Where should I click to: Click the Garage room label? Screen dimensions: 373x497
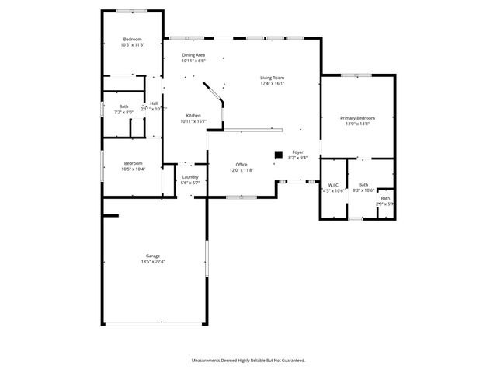pyautogui.click(x=152, y=256)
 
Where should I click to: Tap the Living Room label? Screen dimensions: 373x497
pyautogui.click(x=272, y=78)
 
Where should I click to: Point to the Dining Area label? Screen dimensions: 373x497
pyautogui.click(x=193, y=55)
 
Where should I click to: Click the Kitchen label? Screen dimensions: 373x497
pyautogui.click(x=193, y=116)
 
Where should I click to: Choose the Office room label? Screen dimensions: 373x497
pyautogui.click(x=242, y=164)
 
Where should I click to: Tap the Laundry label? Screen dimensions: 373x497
pyautogui.click(x=190, y=177)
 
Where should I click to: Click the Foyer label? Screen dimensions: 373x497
pyautogui.click(x=297, y=152)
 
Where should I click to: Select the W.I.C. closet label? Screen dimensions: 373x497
pyautogui.click(x=333, y=184)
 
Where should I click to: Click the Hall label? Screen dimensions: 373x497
pyautogui.click(x=154, y=103)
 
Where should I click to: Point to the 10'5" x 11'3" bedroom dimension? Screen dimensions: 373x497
pyautogui.click(x=134, y=45)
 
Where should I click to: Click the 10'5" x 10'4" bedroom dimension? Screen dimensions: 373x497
pyautogui.click(x=133, y=169)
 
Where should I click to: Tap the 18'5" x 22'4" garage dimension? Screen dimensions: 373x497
pyautogui.click(x=152, y=262)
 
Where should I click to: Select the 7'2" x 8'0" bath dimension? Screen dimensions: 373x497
pyautogui.click(x=123, y=112)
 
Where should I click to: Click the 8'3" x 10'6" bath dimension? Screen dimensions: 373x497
pyautogui.click(x=363, y=190)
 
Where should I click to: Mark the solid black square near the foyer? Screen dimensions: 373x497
pyautogui.click(x=277, y=154)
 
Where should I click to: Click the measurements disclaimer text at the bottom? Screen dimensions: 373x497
pyautogui.click(x=248, y=360)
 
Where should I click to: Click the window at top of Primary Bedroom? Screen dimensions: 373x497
pyautogui.click(x=356, y=75)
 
